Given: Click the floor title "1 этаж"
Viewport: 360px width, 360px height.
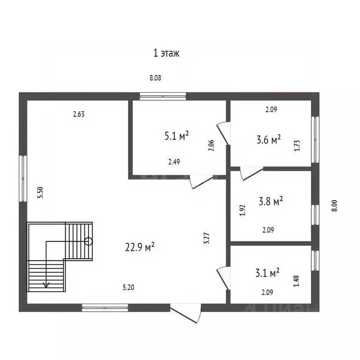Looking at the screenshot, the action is pyautogui.click(x=166, y=53).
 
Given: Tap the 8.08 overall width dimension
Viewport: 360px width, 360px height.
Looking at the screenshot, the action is pyautogui.click(x=156, y=78).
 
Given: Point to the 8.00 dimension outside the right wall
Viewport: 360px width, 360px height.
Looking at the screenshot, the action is pyautogui.click(x=335, y=206).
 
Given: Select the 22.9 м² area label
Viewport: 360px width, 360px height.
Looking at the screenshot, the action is pyautogui.click(x=140, y=247).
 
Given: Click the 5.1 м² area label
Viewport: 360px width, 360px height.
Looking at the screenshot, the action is pyautogui.click(x=177, y=135).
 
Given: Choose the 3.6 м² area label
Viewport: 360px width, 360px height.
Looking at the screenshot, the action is pyautogui.click(x=269, y=139).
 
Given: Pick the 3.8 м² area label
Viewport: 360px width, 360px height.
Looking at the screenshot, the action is pyautogui.click(x=270, y=201).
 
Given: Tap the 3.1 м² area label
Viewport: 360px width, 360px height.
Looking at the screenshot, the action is pyautogui.click(x=268, y=272).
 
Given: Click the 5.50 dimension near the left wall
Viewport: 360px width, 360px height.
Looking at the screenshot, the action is pyautogui.click(x=40, y=193).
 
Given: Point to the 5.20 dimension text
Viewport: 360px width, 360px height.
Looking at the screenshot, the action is pyautogui.click(x=128, y=287).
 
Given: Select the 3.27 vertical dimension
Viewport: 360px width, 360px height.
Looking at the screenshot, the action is pyautogui.click(x=207, y=238).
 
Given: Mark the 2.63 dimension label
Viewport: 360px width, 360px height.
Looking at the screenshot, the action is pyautogui.click(x=79, y=114).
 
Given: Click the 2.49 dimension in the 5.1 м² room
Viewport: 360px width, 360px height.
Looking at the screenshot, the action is pyautogui.click(x=174, y=162).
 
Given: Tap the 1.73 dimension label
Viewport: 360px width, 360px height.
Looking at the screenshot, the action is pyautogui.click(x=297, y=146).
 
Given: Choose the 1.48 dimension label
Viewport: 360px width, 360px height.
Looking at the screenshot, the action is pyautogui.click(x=296, y=281).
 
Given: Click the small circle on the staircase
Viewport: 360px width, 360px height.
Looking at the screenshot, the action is pyautogui.click(x=89, y=241).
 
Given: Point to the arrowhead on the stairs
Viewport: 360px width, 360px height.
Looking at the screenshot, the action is pyautogui.click(x=46, y=285).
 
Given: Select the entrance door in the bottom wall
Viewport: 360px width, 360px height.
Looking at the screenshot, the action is pyautogui.click(x=186, y=313).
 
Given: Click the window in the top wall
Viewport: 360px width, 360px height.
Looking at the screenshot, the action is pyautogui.click(x=163, y=97).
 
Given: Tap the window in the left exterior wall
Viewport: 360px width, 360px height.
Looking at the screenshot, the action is pyautogui.click(x=23, y=179).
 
